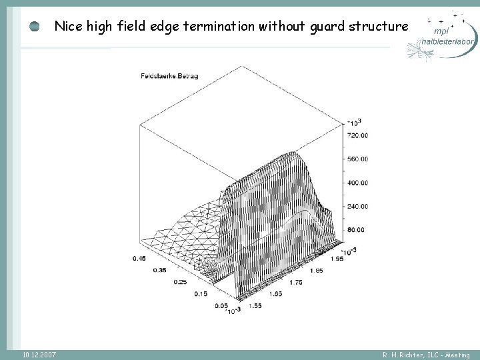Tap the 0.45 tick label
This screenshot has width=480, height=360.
coord(138,258)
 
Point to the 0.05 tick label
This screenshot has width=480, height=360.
coord(221,306)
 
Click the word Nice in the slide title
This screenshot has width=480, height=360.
coord(68,27)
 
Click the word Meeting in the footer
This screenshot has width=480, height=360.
coord(456,355)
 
